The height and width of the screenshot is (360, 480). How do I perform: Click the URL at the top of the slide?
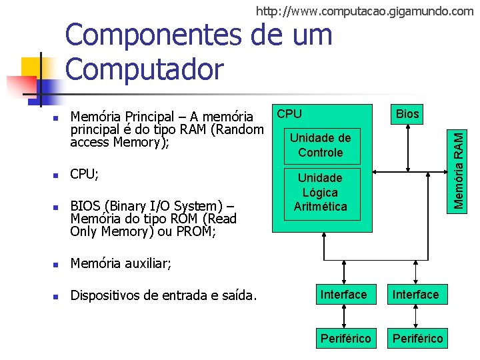pyautogui.click(x=365, y=11)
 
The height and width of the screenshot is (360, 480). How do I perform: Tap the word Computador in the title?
pyautogui.click(x=145, y=67)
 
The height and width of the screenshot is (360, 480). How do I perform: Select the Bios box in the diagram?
pyautogui.click(x=407, y=114)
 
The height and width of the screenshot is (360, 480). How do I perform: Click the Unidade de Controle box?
pyautogui.click(x=321, y=145)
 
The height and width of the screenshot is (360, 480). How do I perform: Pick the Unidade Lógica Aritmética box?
pyautogui.click(x=321, y=192)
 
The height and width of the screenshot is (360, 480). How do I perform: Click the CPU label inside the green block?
pyautogui.click(x=289, y=114)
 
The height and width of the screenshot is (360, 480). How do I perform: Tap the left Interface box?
pyautogui.click(x=344, y=294)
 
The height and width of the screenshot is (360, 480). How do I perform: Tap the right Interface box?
pyautogui.click(x=416, y=294)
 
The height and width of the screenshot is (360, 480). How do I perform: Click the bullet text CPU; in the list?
pyautogui.click(x=85, y=175)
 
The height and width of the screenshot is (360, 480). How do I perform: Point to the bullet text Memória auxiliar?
pyautogui.click(x=121, y=265)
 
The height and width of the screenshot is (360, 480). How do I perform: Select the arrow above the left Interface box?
pyautogui.click(x=344, y=271)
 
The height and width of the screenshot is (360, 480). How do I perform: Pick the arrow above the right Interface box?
pyautogui.click(x=416, y=271)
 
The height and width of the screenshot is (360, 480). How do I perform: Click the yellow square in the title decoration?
pyautogui.click(x=31, y=67)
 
